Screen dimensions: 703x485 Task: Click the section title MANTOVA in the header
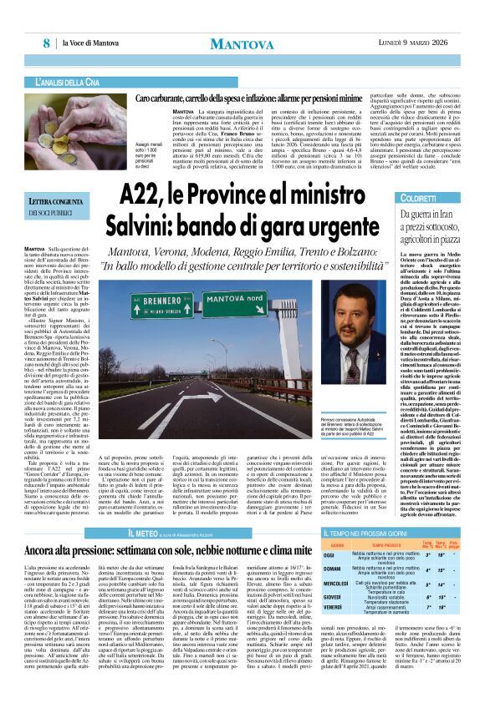click(x=241, y=43)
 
